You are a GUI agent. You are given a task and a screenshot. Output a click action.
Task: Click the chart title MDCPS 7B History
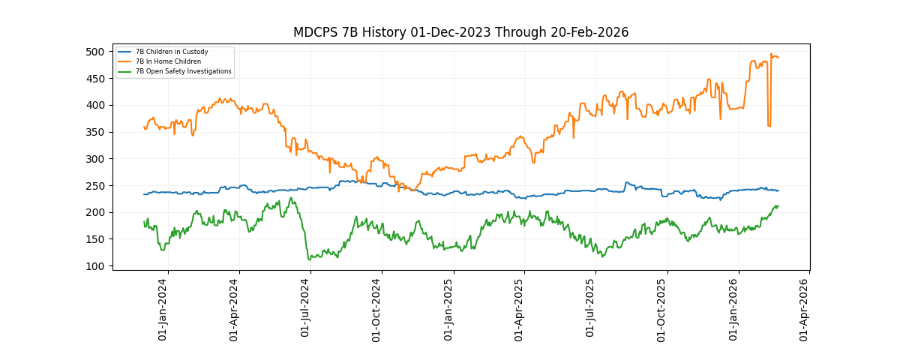460,32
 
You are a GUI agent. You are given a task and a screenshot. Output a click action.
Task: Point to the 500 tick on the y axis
94,52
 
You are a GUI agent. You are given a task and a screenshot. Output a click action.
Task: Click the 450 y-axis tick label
94,79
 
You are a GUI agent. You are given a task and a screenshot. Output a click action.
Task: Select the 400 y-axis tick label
94,105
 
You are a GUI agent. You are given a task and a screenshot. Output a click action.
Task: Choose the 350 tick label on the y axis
94,132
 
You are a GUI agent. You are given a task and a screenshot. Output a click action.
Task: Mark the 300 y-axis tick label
94,159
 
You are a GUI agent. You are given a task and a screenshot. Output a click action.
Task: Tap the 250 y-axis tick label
94,186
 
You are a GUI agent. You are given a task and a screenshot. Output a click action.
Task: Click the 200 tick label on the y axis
94,212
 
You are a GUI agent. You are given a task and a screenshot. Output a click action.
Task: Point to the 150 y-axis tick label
94,239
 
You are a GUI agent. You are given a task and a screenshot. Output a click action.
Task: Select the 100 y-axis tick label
94,266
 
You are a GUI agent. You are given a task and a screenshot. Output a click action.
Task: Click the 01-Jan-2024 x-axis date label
163,309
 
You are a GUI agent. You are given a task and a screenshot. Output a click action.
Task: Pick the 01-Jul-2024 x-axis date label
306,309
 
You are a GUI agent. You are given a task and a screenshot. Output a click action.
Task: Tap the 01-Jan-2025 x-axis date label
449,309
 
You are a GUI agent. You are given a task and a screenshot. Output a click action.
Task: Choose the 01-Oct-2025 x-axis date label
662,309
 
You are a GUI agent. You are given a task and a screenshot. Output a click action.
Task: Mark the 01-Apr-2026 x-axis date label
805,309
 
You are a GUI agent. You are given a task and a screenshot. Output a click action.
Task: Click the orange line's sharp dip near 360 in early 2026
769,125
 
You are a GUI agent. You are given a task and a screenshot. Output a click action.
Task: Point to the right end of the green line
778,205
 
